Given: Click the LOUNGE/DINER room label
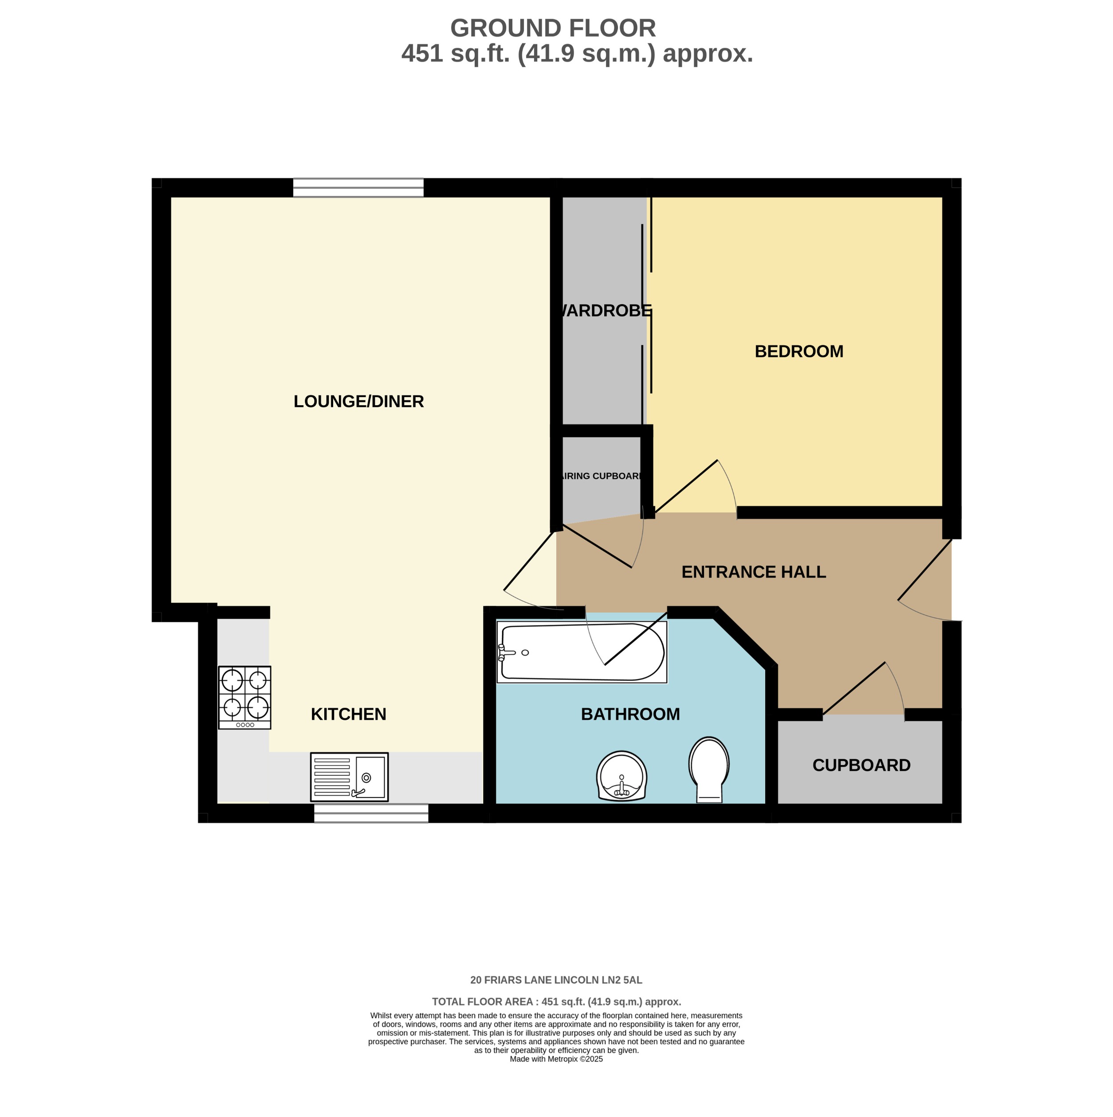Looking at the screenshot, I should pyautogui.click(x=359, y=401).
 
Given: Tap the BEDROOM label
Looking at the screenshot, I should pyautogui.click(x=799, y=351).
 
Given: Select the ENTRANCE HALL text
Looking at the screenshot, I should pyautogui.click(x=753, y=572).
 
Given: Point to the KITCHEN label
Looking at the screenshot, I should pyautogui.click(x=348, y=714).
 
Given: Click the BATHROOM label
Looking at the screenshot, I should pyautogui.click(x=630, y=714).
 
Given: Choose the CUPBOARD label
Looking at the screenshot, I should pyautogui.click(x=861, y=765).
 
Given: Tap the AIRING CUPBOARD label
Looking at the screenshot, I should pyautogui.click(x=602, y=476).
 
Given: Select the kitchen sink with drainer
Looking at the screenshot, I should pyautogui.click(x=349, y=777).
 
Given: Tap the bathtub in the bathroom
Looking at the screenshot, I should pyautogui.click(x=582, y=652).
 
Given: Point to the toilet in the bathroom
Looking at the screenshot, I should pyautogui.click(x=708, y=769).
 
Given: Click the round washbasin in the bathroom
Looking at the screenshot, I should pyautogui.click(x=621, y=776).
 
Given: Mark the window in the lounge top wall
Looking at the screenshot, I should pyautogui.click(x=358, y=187).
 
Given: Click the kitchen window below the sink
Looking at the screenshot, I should pyautogui.click(x=371, y=813).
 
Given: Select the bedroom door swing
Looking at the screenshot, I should pyautogui.click(x=694, y=488).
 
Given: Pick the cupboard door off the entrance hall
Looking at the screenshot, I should pyautogui.click(x=862, y=691).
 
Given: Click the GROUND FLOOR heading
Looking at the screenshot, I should pyautogui.click(x=552, y=28).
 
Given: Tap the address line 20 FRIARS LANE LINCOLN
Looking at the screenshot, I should pyautogui.click(x=556, y=980).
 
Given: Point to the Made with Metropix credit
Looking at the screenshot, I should pyautogui.click(x=556, y=1075).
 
